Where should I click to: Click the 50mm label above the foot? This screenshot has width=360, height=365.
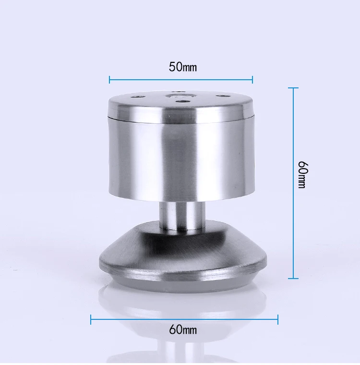click(183, 67)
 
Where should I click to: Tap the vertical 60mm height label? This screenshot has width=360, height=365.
click(303, 175)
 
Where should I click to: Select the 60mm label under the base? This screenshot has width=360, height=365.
click(183, 329)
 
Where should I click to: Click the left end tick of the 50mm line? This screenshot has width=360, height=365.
click(109, 80)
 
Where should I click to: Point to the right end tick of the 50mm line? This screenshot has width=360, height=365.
click(252, 80)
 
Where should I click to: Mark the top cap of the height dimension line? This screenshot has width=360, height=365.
click(293, 88)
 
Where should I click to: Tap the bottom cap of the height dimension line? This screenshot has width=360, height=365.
click(293, 278)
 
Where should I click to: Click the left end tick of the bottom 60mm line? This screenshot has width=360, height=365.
click(91, 319)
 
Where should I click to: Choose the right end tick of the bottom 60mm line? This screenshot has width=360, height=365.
click(278, 319)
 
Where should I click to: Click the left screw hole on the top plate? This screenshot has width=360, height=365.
click(137, 97)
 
